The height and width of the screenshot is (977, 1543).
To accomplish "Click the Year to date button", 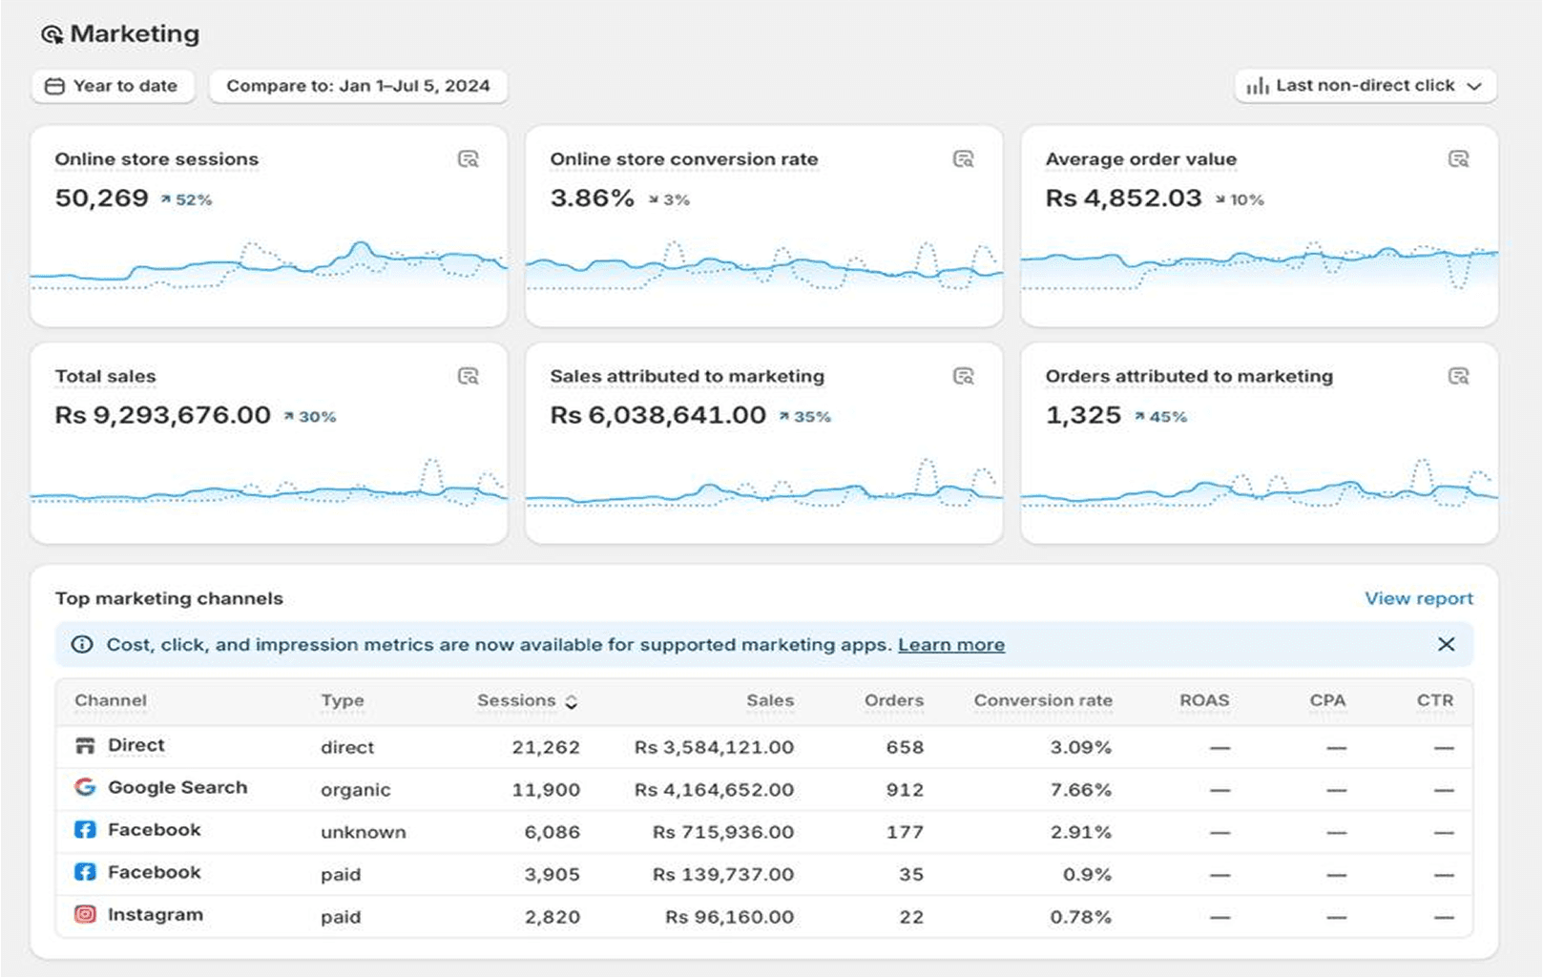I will tap(113, 86).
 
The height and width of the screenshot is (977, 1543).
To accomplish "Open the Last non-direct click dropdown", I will tap(1365, 86).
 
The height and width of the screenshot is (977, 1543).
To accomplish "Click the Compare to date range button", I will tap(358, 86).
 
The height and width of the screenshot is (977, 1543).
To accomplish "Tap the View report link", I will tap(1418, 598).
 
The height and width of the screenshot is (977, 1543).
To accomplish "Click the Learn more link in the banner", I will tap(950, 645).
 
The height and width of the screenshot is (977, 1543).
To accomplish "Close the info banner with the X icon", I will tap(1446, 645).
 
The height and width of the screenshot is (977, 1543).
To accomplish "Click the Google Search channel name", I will tap(177, 787).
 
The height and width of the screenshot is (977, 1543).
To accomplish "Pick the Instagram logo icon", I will tap(85, 914).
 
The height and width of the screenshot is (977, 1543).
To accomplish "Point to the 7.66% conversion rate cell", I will tap(1080, 790).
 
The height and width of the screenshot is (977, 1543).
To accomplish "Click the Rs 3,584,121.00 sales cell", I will tap(714, 747).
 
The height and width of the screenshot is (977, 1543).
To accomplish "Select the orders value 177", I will tap(904, 832).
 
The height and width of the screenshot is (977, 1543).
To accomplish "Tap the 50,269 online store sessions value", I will tap(102, 198).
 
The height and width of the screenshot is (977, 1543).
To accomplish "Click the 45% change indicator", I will tap(1161, 417).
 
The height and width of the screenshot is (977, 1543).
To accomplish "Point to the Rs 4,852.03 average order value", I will tap(1123, 198).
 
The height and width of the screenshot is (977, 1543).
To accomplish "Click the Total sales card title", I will tap(105, 376).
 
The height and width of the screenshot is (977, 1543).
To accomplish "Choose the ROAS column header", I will tap(1203, 700).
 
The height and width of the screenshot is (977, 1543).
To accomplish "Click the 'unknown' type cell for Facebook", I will tap(363, 832).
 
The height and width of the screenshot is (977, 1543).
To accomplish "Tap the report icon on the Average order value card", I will tap(1458, 159).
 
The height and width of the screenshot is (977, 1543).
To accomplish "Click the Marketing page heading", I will tap(134, 34).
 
